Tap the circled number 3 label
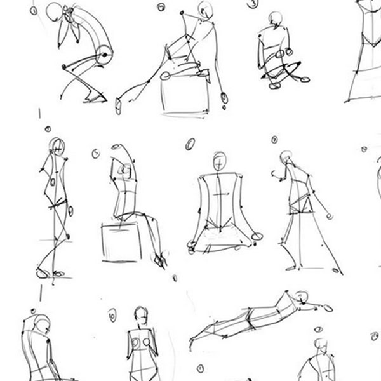(x=254, y=4)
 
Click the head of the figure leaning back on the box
(x=204, y=9)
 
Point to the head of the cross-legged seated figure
(x=220, y=161)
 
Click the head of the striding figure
(x=286, y=156)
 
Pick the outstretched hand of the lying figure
(x=327, y=308)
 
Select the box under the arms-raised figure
(x=121, y=241)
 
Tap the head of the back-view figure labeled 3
(x=275, y=18)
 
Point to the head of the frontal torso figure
(x=140, y=315)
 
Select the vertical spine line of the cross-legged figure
(x=220, y=203)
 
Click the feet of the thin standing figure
(x=50, y=274)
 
